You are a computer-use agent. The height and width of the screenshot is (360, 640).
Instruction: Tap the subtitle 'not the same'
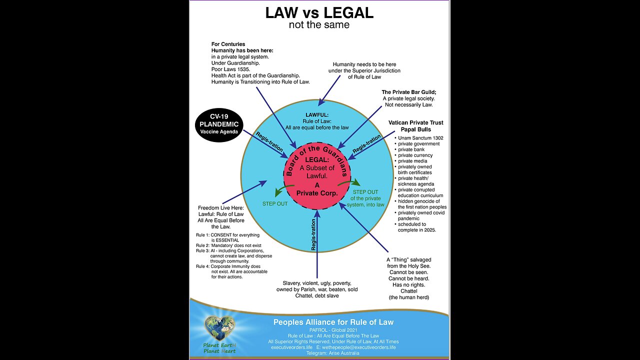coord(319,24)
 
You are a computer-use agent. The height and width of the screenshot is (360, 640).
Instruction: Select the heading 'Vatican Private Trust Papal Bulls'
coord(415,126)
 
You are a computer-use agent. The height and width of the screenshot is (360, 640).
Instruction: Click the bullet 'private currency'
coord(415,155)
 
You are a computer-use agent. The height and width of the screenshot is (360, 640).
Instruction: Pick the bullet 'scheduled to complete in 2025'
coord(417,227)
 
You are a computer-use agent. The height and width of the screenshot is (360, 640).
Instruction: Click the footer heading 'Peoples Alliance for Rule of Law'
coord(333,322)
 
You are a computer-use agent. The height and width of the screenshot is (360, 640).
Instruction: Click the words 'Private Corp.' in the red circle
coord(317,193)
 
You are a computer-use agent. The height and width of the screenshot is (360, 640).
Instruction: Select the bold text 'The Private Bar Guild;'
coord(408,92)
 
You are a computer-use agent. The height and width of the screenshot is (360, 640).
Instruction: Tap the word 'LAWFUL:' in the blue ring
coord(317,114)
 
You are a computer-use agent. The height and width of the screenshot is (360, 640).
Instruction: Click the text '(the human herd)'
coord(408,297)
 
